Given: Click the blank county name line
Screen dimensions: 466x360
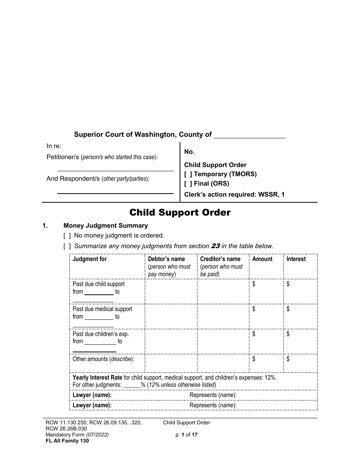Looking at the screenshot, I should (250, 135).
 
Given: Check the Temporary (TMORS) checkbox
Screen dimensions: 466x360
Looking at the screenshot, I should (188, 174).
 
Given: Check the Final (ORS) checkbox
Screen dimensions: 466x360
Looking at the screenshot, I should (188, 184).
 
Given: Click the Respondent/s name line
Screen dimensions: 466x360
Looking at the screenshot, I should (115, 190).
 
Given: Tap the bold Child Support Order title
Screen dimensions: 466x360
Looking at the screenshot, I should (180, 213).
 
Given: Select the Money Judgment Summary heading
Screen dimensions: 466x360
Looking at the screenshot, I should (106, 226).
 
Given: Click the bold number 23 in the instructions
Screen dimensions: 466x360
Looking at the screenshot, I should (215, 246).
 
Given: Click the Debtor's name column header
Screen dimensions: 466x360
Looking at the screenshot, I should (166, 259).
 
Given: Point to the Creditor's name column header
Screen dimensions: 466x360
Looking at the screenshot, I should (220, 259).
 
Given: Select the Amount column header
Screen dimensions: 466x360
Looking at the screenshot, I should (262, 259).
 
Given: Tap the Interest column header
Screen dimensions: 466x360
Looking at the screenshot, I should (296, 259).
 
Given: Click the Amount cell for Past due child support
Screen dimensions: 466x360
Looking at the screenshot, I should (266, 292).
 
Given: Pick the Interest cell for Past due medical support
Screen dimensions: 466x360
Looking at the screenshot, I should (300, 316).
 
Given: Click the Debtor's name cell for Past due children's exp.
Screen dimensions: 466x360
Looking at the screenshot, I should (171, 341).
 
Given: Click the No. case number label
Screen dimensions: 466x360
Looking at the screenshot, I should (189, 152).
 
